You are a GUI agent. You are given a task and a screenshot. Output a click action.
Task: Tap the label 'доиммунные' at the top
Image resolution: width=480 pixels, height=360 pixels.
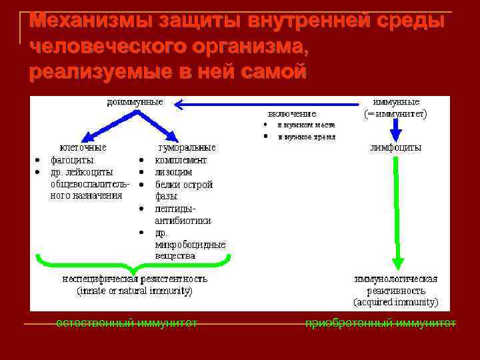[135, 102]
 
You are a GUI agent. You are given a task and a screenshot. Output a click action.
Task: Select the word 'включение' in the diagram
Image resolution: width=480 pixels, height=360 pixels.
[292, 113]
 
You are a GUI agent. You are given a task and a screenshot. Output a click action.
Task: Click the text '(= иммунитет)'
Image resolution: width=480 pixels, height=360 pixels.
[396, 113]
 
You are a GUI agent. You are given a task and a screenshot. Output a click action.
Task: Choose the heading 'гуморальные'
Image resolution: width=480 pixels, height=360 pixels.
[186, 148]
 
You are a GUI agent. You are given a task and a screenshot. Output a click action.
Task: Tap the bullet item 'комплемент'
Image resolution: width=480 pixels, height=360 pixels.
[181, 160]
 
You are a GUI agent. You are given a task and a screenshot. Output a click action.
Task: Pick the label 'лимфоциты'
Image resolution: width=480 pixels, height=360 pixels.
[396, 148]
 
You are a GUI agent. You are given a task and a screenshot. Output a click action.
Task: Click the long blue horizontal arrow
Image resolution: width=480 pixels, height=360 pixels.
[267, 103]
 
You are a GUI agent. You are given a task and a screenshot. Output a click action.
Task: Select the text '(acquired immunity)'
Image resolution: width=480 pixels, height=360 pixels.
[396, 302]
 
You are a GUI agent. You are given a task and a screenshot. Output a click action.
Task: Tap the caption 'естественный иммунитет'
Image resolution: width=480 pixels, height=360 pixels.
[127, 323]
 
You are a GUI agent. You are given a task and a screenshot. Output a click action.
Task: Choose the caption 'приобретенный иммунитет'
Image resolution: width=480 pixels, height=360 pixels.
[381, 323]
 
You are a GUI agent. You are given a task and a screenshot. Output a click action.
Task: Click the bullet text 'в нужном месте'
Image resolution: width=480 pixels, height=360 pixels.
[306, 125]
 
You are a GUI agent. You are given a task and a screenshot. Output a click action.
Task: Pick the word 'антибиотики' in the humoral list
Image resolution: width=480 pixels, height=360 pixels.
[183, 219]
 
